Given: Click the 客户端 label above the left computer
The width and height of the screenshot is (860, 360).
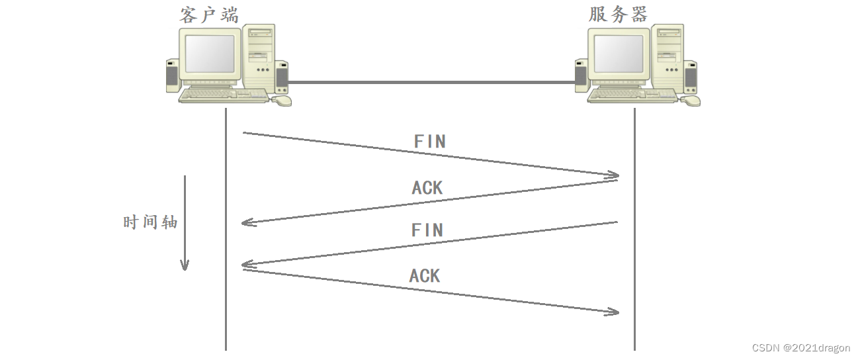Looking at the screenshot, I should click(x=209, y=14).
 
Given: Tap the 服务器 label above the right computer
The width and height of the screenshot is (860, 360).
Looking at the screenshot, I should click(x=618, y=14).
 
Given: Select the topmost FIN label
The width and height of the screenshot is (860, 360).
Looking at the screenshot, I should click(x=429, y=142).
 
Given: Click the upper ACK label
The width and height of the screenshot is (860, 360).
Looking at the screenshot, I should click(x=427, y=188).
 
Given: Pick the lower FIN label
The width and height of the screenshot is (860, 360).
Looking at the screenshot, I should click(x=427, y=230).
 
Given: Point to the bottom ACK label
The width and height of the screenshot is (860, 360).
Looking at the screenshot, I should click(x=424, y=276).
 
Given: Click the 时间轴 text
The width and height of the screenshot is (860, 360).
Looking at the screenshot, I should click(x=150, y=222).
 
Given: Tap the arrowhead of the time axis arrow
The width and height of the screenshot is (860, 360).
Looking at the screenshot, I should click(x=185, y=265).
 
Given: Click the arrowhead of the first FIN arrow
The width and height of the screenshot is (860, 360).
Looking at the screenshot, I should click(x=614, y=175).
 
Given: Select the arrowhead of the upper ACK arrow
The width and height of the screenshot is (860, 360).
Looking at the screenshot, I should click(x=247, y=223).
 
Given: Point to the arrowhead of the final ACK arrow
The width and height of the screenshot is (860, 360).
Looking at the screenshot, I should click(x=614, y=312).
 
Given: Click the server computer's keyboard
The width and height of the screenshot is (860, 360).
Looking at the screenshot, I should click(x=632, y=96).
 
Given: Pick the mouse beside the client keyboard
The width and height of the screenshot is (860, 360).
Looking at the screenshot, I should click(x=282, y=101).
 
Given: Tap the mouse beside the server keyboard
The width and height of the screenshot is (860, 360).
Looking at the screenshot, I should click(x=691, y=101).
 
